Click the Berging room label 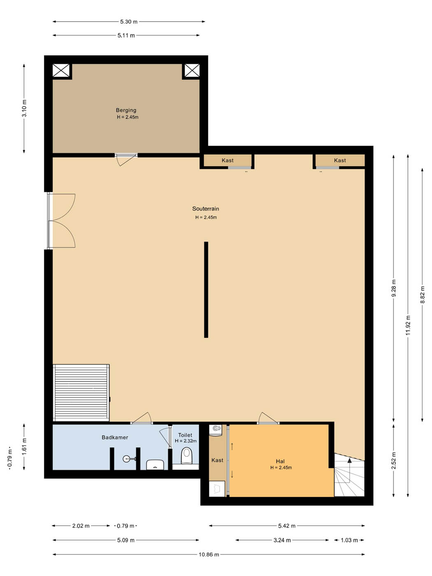[126, 110]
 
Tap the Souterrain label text [205, 209]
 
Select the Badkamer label [115, 437]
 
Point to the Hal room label [280, 461]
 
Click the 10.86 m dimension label [209, 555]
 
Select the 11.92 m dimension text [408, 325]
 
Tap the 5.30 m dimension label [128, 22]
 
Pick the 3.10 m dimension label [24, 108]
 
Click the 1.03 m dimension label [349, 540]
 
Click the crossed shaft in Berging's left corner [61, 71]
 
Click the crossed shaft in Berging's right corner [192, 71]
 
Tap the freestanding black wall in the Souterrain [206, 290]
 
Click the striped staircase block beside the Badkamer [81, 393]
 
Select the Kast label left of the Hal [217, 460]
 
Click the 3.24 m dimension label [282, 540]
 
